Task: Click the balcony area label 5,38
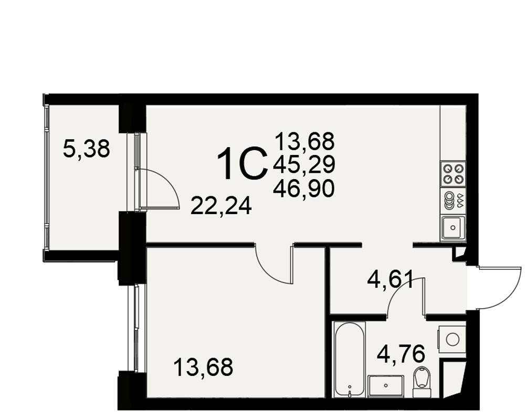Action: point(87,150)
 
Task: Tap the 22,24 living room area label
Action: point(221,206)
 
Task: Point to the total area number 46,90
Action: point(303,188)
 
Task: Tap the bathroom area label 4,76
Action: point(401,353)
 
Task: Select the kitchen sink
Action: point(453,227)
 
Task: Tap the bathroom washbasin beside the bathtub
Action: point(386,386)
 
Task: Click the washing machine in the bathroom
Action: point(451,340)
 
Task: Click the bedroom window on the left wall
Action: point(136,328)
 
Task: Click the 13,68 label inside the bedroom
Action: point(203,367)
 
